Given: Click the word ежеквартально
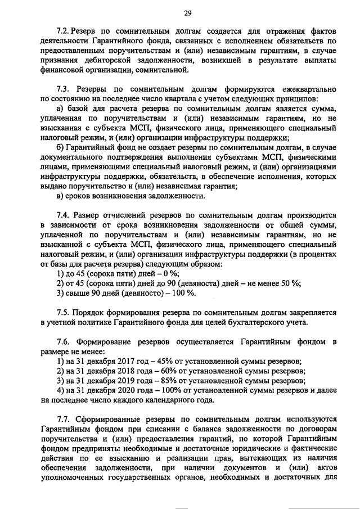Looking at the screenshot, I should click(304, 89).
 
